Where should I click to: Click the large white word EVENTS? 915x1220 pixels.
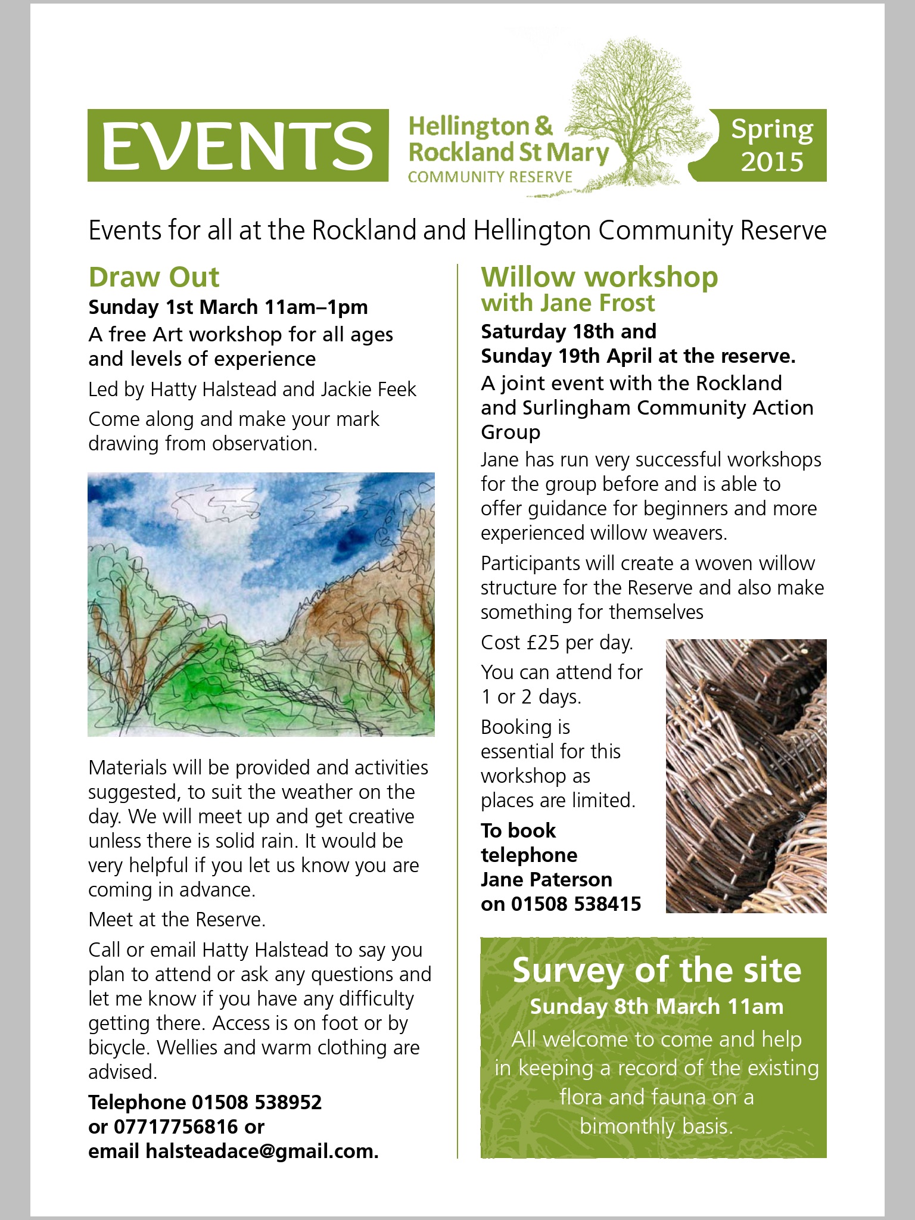click(x=238, y=145)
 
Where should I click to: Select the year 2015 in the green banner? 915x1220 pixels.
click(x=772, y=161)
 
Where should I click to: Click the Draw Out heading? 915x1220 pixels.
click(x=154, y=277)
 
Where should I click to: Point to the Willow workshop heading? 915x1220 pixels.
click(x=599, y=277)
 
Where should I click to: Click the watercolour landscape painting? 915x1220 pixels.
click(x=261, y=604)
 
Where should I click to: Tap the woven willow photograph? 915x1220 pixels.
click(x=746, y=776)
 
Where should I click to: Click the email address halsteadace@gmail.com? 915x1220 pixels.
click(x=262, y=1151)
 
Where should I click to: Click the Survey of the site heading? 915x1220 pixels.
click(x=656, y=970)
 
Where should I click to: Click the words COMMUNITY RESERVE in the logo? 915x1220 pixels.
click(x=490, y=176)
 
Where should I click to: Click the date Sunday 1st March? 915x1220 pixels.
click(x=173, y=307)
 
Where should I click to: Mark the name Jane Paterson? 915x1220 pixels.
click(x=546, y=879)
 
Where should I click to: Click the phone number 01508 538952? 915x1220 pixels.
click(x=256, y=1102)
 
